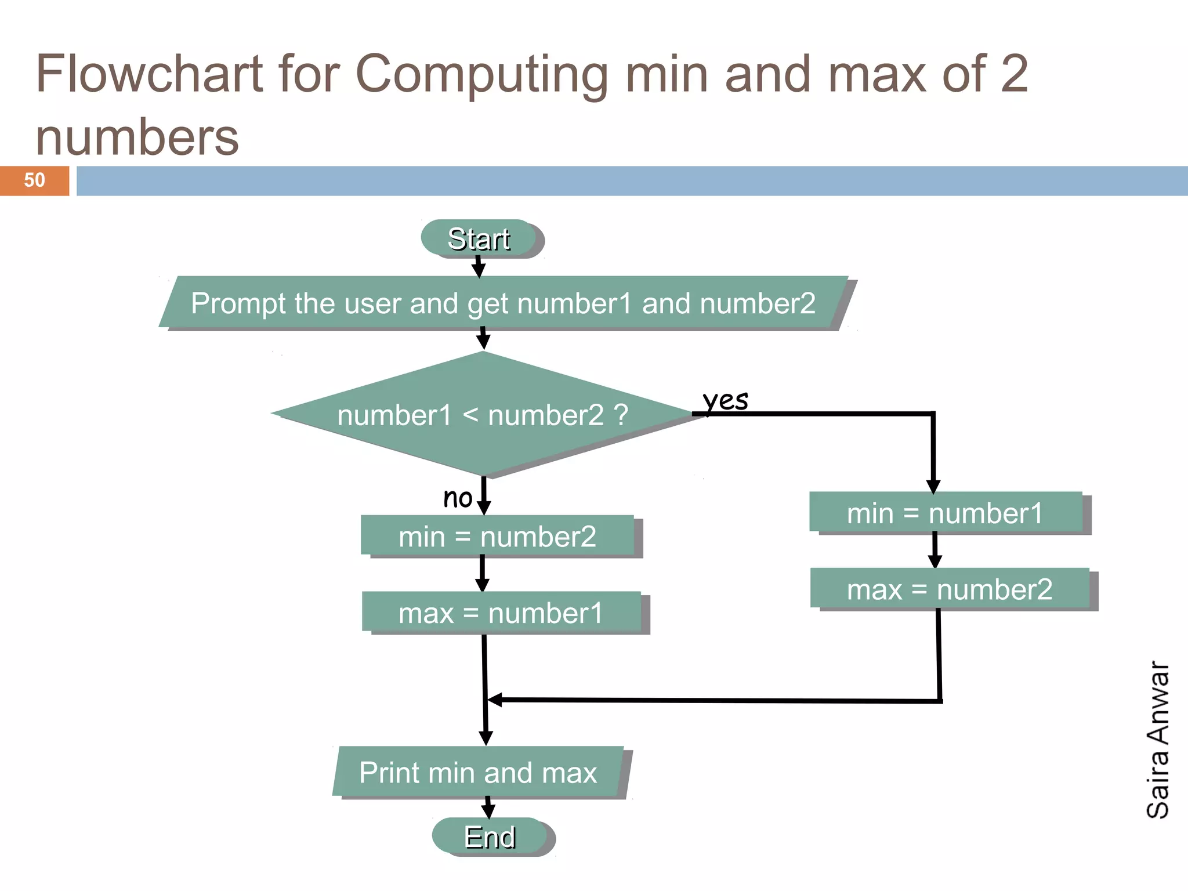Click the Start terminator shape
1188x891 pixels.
479,238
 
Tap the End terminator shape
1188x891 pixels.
491,836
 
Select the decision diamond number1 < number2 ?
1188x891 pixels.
483,415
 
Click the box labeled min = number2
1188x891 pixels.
498,535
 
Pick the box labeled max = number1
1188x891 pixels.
501,612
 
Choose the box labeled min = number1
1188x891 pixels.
946,512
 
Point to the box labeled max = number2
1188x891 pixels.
950,589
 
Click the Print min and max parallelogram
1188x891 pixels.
478,772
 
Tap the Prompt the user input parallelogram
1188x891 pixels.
504,303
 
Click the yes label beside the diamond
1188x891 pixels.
725,400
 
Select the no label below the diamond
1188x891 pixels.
458,498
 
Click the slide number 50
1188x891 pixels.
34,180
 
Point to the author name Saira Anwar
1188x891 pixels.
1158,740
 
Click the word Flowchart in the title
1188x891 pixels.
150,74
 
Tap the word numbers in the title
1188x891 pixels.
137,137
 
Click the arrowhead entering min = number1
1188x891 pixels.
933,486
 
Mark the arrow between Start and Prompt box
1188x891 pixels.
479,267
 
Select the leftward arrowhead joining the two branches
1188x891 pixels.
495,700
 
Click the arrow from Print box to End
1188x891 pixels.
488,808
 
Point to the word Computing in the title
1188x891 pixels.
481,74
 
